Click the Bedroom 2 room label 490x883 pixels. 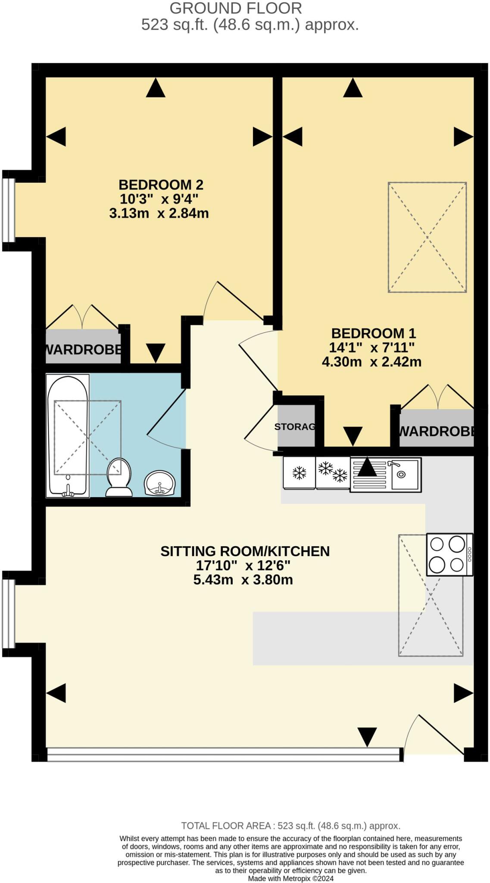coord(161,185)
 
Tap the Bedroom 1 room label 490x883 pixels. coord(373,333)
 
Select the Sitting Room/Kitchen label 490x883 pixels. coord(245,551)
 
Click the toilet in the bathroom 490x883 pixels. coord(119,478)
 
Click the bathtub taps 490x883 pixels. coord(68,490)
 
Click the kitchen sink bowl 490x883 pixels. coord(404,474)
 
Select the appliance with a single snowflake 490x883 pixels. coord(299,473)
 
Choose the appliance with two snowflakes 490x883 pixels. coord(333,472)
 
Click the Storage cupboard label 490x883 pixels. coord(296,427)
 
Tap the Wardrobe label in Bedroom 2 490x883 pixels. coord(83,350)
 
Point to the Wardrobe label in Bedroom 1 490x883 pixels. coord(436,431)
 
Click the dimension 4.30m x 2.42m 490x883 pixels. coord(371,362)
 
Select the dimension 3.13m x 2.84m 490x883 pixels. coord(159,213)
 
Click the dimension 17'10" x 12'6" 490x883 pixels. coord(243,565)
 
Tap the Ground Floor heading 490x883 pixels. coord(235,8)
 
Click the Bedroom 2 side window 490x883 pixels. coord(9,210)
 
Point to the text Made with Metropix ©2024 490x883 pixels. coord(290,878)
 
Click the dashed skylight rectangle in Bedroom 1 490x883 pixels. coord(427,237)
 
